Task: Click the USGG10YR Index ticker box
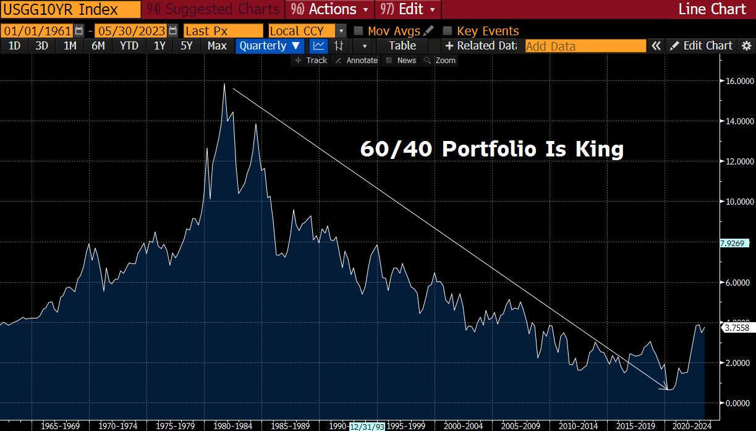[70, 9]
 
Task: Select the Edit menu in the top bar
[408, 9]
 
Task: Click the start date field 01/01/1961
[37, 31]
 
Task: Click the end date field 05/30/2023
[130, 31]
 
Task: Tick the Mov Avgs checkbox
[358, 31]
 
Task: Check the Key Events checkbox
[448, 31]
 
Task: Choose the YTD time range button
[129, 46]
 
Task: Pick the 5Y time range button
[187, 46]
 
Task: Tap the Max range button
[217, 46]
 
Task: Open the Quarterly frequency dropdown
[270, 46]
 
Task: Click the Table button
[402, 46]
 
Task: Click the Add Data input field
[585, 46]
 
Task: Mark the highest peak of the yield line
[224, 84]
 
